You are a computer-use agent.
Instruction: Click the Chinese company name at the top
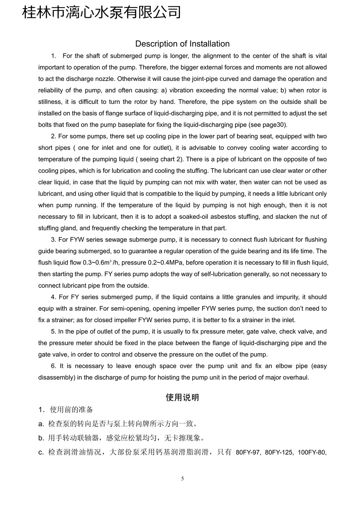coord(102,12)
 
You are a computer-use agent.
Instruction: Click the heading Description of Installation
coord(182,44)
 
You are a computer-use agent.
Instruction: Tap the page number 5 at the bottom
coord(182,479)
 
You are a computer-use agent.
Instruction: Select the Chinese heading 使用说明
coord(182,398)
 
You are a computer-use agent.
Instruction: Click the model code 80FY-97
coord(248,453)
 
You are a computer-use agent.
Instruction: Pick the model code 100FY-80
coord(312,453)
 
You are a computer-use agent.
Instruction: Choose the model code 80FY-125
coord(279,453)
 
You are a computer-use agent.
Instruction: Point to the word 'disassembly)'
coord(56,377)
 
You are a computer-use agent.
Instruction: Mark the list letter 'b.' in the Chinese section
coord(41,438)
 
